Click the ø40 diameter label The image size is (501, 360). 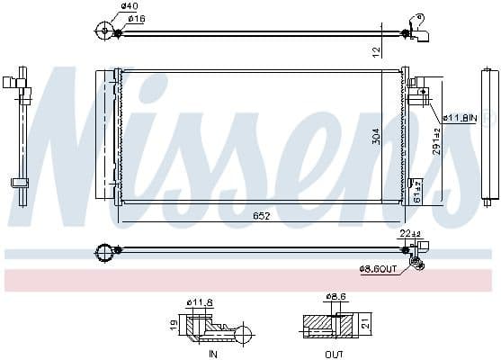pos(131,6)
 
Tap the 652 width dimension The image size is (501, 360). pos(262,215)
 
